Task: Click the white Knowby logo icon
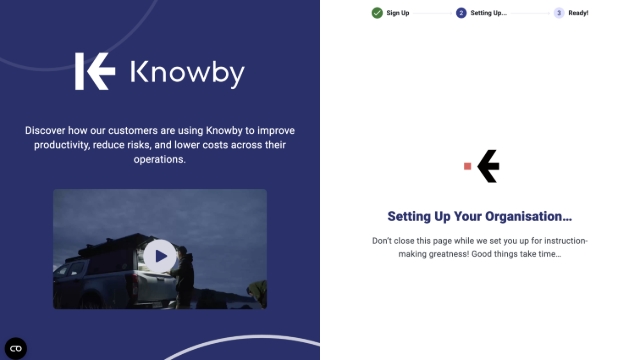tap(95, 72)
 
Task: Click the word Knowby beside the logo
tap(187, 72)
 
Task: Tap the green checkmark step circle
tap(377, 13)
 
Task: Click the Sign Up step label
tap(398, 13)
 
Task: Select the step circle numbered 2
tap(461, 13)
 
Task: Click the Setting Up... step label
tap(489, 13)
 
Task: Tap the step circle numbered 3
tap(558, 13)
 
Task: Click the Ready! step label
tap(578, 13)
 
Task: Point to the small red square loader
tap(467, 166)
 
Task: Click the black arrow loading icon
tap(488, 166)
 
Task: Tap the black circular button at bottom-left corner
tap(16, 348)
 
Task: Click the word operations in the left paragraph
tap(159, 159)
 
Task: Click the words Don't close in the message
tap(393, 241)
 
